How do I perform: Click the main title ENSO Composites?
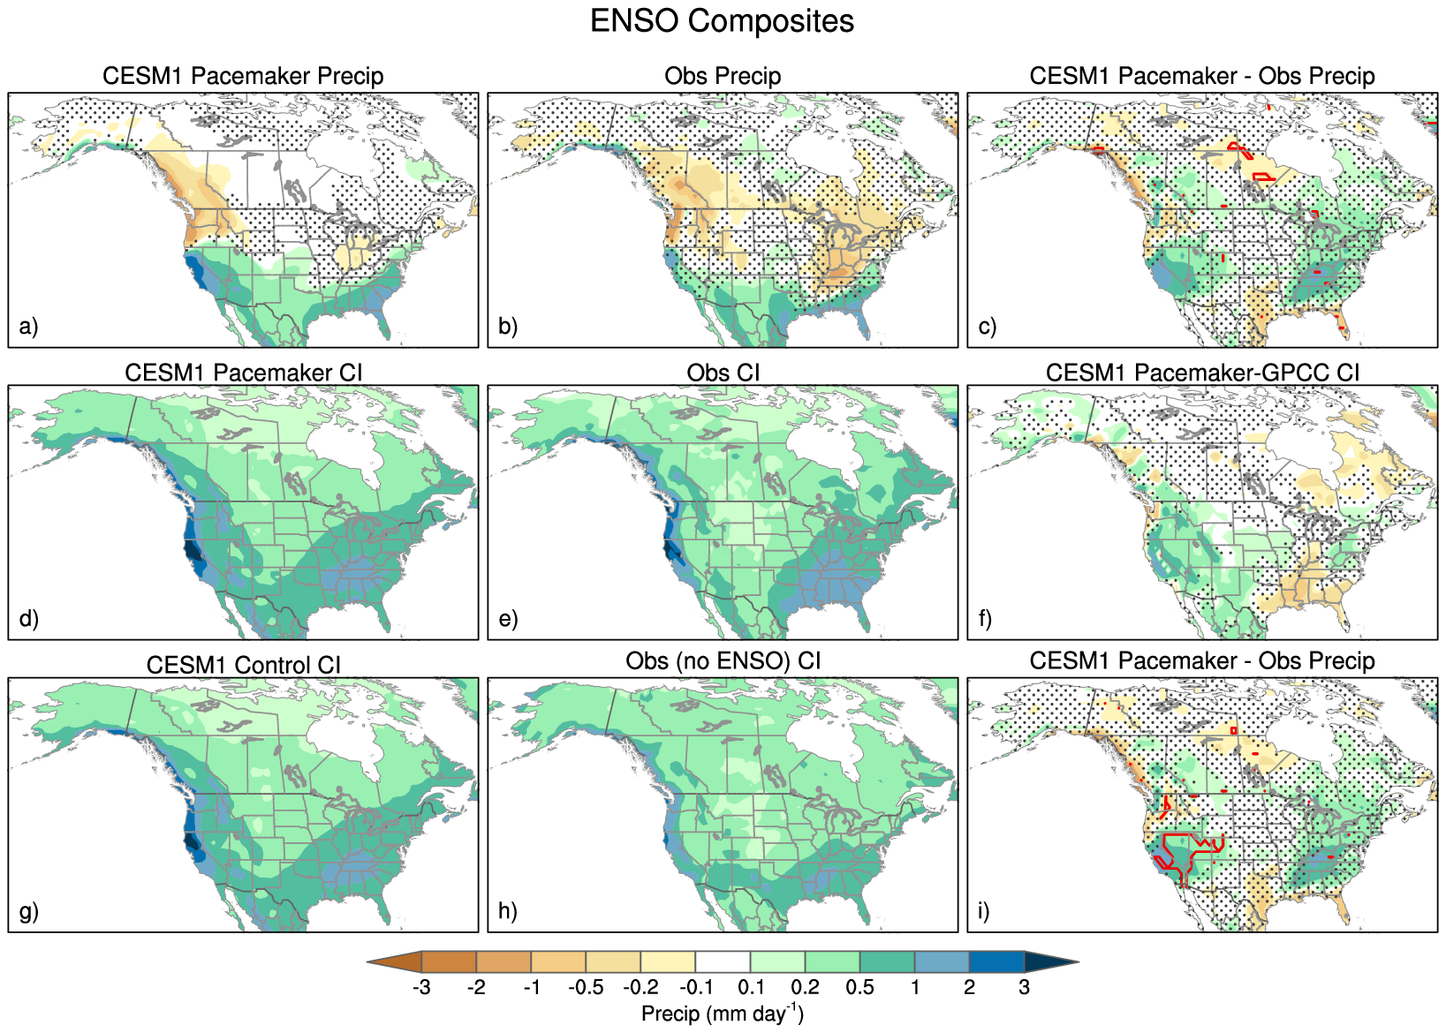click(722, 21)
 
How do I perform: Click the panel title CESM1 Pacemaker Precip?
click(243, 76)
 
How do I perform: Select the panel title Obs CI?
click(723, 373)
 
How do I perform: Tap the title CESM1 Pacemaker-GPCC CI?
click(1202, 373)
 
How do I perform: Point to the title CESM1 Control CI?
click(243, 665)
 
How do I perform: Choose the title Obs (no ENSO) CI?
click(723, 660)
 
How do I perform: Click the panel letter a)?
click(29, 327)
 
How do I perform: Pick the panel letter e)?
click(508, 619)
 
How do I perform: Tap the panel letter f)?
click(985, 619)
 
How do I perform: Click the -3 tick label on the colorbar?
click(421, 987)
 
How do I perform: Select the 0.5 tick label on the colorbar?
click(859, 987)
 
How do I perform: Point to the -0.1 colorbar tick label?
click(695, 987)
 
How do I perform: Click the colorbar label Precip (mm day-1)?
click(722, 1013)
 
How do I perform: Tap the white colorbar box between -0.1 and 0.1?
click(723, 961)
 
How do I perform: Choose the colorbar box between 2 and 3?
click(996, 961)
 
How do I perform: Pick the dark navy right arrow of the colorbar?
click(1051, 961)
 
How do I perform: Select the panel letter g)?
click(29, 910)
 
